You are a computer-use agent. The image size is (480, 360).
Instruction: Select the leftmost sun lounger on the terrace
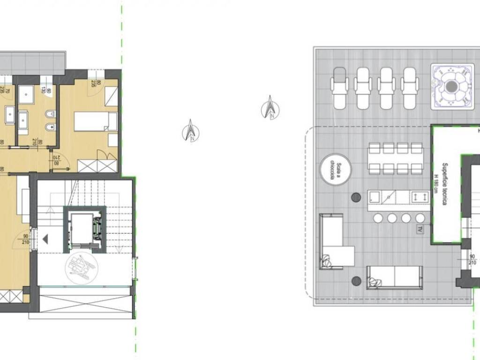click(x=340, y=88)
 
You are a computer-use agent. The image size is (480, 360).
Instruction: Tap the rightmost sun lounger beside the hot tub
click(x=410, y=88)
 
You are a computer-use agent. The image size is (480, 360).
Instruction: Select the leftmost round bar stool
click(x=378, y=218)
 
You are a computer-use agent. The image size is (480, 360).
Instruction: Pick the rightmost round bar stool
click(x=420, y=218)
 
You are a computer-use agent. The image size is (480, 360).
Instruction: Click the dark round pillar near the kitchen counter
click(x=356, y=197)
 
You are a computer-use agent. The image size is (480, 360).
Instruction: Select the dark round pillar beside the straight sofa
click(x=356, y=281)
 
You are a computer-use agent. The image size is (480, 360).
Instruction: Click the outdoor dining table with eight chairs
click(x=396, y=158)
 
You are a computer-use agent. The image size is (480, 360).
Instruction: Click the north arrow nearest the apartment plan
click(x=191, y=131)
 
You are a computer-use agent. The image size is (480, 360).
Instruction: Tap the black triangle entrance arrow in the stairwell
click(x=45, y=240)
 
